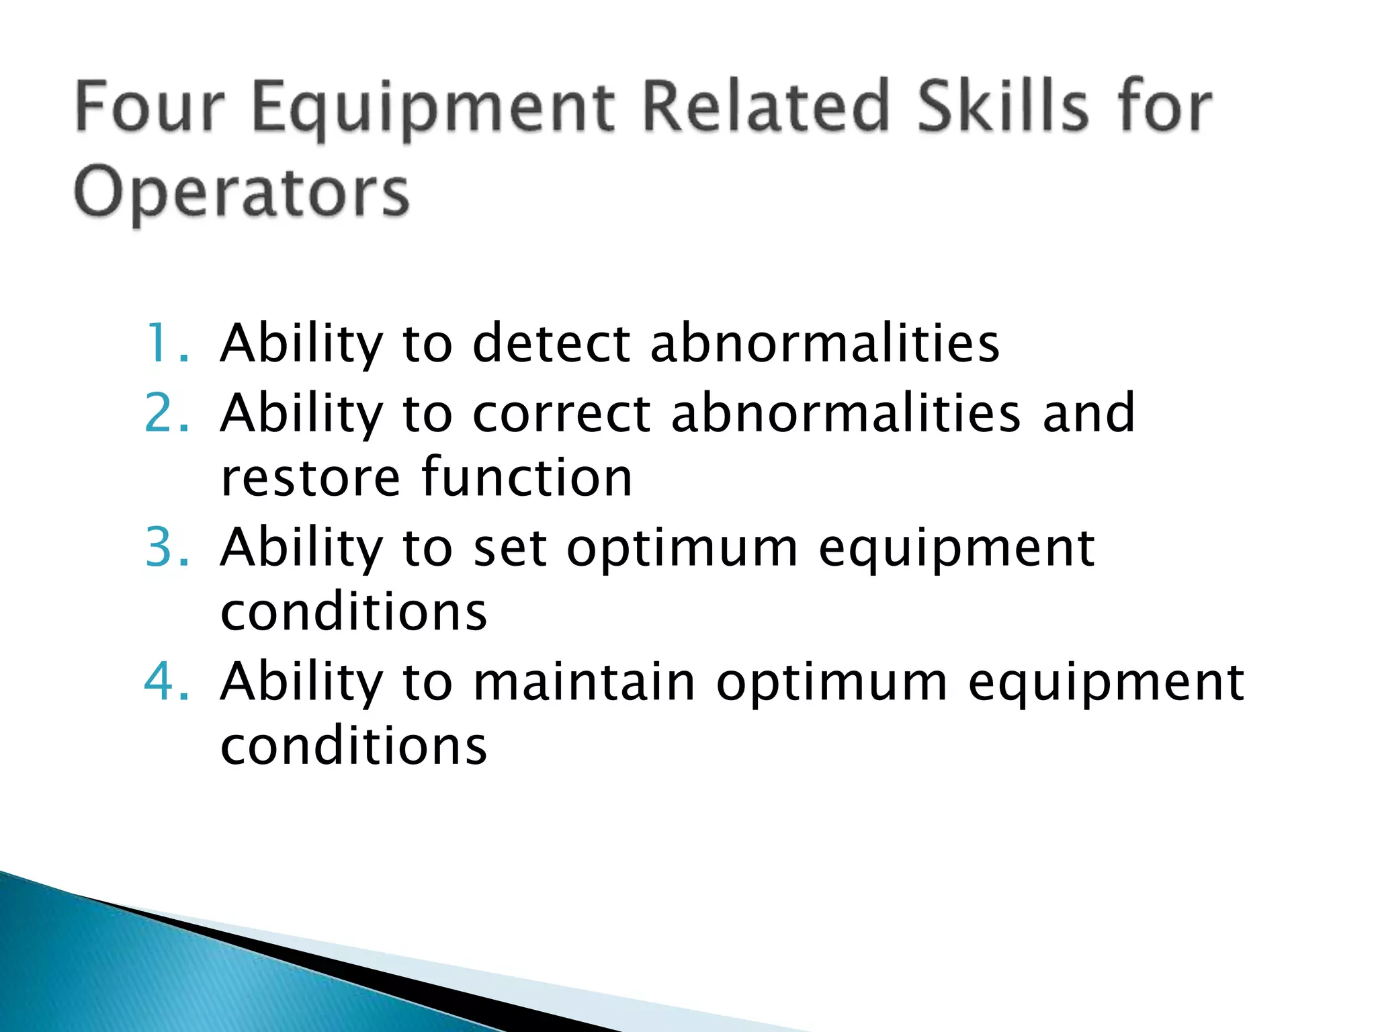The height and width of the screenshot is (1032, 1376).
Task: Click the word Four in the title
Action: click(x=149, y=107)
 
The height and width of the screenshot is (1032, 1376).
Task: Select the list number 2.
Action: click(x=166, y=413)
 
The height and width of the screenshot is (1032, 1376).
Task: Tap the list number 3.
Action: click(x=166, y=547)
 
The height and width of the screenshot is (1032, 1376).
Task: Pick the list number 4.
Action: click(x=166, y=681)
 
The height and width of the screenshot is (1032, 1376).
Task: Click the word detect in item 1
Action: click(x=551, y=343)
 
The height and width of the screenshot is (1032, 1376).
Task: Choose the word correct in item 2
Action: click(x=562, y=413)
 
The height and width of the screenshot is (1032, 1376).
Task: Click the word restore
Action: click(x=310, y=478)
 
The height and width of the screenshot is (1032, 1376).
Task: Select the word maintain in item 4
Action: click(x=584, y=681)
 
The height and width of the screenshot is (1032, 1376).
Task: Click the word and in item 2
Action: click(x=1088, y=413)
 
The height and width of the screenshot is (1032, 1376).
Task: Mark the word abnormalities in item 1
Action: click(x=825, y=343)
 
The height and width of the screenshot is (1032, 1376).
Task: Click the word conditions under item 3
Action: click(x=353, y=612)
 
